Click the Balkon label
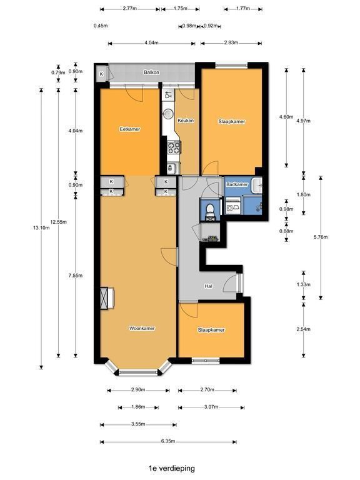[151, 72]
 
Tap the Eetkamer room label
[130, 129]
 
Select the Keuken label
[186, 121]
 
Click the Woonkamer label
[142, 329]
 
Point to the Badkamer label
[237, 184]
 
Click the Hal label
[209, 286]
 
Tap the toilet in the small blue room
[210, 211]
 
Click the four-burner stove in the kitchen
[174, 147]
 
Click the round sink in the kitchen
[167, 114]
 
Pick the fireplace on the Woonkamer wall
[107, 298]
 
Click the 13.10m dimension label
[41, 227]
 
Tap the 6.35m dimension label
[168, 441]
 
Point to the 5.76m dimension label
[321, 237]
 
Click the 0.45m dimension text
[101, 26]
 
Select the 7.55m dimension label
[76, 276]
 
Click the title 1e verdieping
[172, 468]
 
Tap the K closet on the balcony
[101, 74]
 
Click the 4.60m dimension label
[286, 117]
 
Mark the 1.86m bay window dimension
[138, 407]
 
